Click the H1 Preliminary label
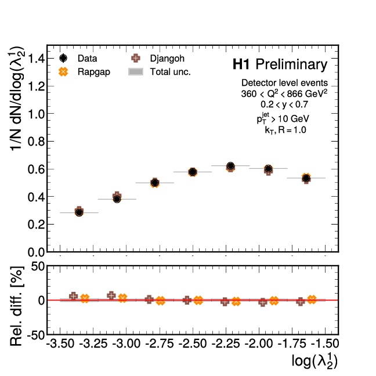(280, 64)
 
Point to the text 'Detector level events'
(285, 82)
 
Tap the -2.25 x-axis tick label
(226, 344)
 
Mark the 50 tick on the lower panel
(36, 266)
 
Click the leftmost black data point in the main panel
(79, 212)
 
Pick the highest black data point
(230, 166)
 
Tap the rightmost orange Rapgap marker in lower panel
(312, 299)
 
